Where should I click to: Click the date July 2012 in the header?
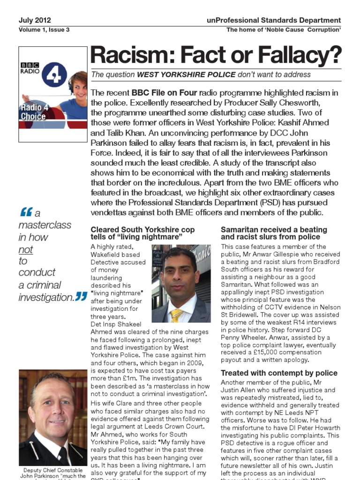[35, 21]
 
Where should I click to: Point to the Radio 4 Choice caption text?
[33, 112]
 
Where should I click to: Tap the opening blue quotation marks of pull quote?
[26, 212]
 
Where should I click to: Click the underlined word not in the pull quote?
[25, 249]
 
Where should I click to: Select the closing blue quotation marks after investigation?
[81, 296]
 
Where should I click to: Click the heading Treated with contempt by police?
[279, 373]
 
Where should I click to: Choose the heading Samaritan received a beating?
[274, 230]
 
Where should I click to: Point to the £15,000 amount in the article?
[247, 352]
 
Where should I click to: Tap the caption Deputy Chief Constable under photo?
[52, 470]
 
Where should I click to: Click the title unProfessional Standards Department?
[273, 21]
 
